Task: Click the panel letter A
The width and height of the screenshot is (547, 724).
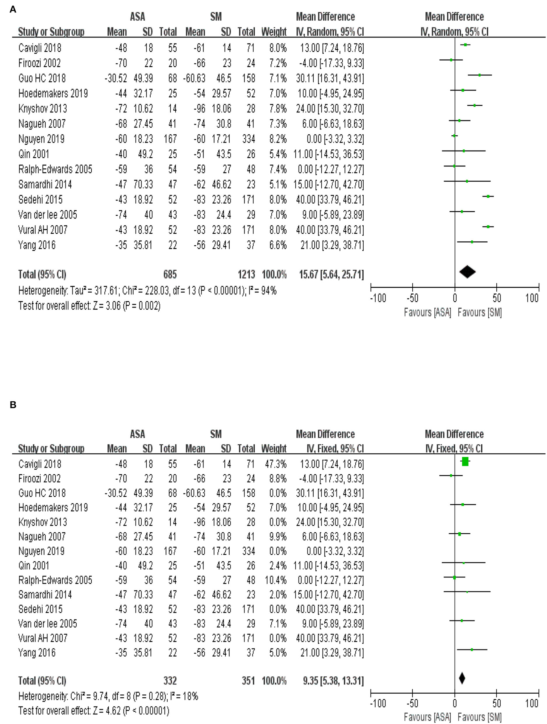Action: tap(13, 10)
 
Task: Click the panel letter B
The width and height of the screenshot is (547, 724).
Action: tap(13, 405)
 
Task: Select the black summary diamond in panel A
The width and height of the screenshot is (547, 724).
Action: tap(467, 272)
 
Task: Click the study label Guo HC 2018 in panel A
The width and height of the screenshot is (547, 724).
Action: tap(42, 78)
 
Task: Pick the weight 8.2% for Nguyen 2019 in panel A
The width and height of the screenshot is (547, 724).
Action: tap(278, 139)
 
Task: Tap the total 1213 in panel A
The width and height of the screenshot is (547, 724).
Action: tap(246, 274)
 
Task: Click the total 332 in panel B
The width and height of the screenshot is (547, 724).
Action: tap(170, 681)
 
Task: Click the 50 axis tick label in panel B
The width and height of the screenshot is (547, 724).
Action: tap(496, 703)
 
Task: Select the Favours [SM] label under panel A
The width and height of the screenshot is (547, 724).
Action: tap(480, 313)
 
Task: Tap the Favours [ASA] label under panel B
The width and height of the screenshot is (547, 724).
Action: tap(427, 717)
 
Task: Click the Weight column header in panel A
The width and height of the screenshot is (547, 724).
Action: tap(274, 32)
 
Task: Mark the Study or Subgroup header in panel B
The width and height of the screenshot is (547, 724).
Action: tap(51, 448)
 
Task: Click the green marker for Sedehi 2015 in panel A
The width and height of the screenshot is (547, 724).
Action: tap(488, 197)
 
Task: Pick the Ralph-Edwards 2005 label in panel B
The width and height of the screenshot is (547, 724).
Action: tap(55, 580)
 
